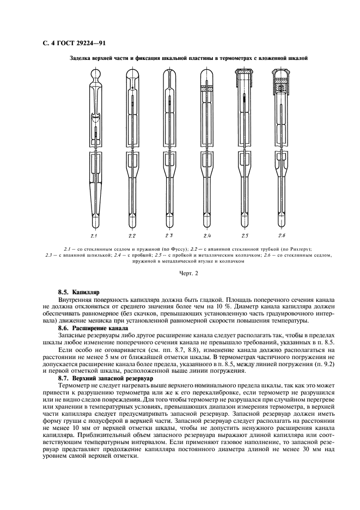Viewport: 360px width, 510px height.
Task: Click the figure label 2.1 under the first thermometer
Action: point(94,235)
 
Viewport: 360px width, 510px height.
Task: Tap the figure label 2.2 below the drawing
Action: point(132,235)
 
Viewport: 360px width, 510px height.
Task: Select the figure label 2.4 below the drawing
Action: point(207,235)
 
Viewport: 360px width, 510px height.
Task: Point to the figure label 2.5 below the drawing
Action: point(245,235)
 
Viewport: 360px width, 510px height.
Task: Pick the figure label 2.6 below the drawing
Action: point(282,235)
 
